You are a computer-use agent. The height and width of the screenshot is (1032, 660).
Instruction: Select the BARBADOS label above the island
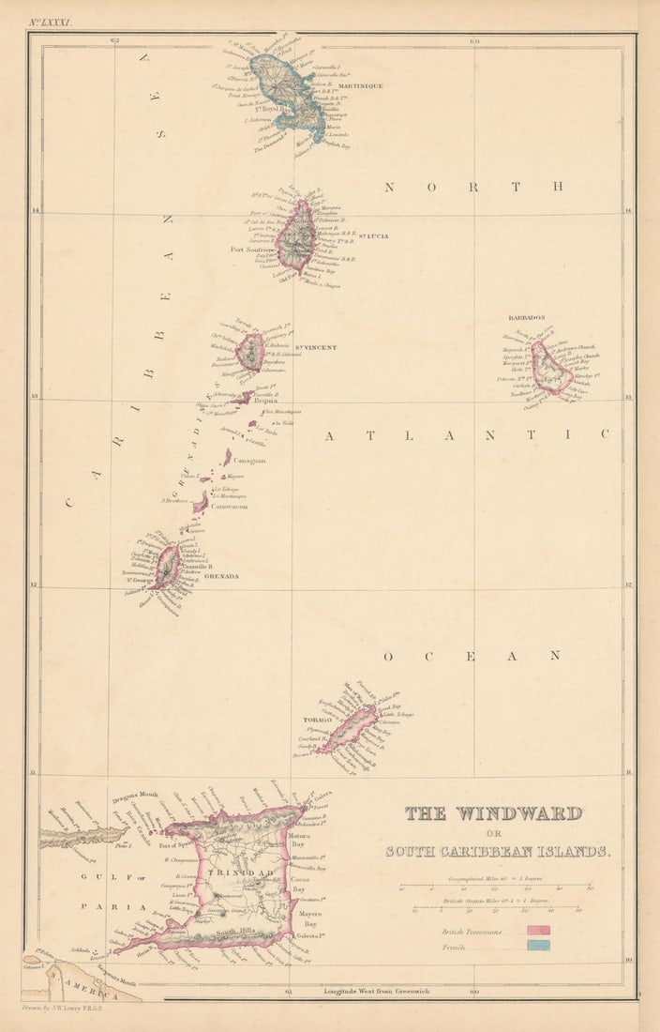tap(527, 318)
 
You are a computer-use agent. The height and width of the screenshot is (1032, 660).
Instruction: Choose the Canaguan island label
tap(249, 461)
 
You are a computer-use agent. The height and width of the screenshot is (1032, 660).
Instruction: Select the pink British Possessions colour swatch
tap(538, 931)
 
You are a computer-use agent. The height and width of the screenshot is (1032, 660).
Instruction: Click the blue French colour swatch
tap(538, 946)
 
